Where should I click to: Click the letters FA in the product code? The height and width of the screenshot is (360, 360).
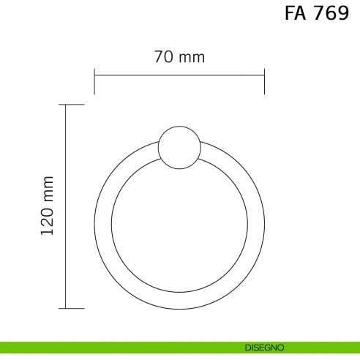tap(296, 14)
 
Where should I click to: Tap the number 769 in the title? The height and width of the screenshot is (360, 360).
tap(331, 14)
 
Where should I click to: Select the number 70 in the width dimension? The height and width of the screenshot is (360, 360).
tap(162, 57)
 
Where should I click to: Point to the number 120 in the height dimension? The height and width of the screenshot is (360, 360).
tap(48, 221)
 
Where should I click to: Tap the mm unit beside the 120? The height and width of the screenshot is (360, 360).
tap(48, 189)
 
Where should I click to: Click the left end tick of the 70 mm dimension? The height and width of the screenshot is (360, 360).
tap(94, 81)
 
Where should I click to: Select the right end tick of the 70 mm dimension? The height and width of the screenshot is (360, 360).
tap(264, 81)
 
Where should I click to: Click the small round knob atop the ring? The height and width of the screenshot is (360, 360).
tap(179, 147)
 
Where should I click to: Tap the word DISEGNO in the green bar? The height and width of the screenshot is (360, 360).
tap(265, 348)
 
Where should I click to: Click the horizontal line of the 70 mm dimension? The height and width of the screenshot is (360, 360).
tap(179, 74)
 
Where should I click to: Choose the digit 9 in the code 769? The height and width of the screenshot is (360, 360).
tap(342, 14)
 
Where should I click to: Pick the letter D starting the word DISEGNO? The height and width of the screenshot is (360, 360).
tap(248, 348)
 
